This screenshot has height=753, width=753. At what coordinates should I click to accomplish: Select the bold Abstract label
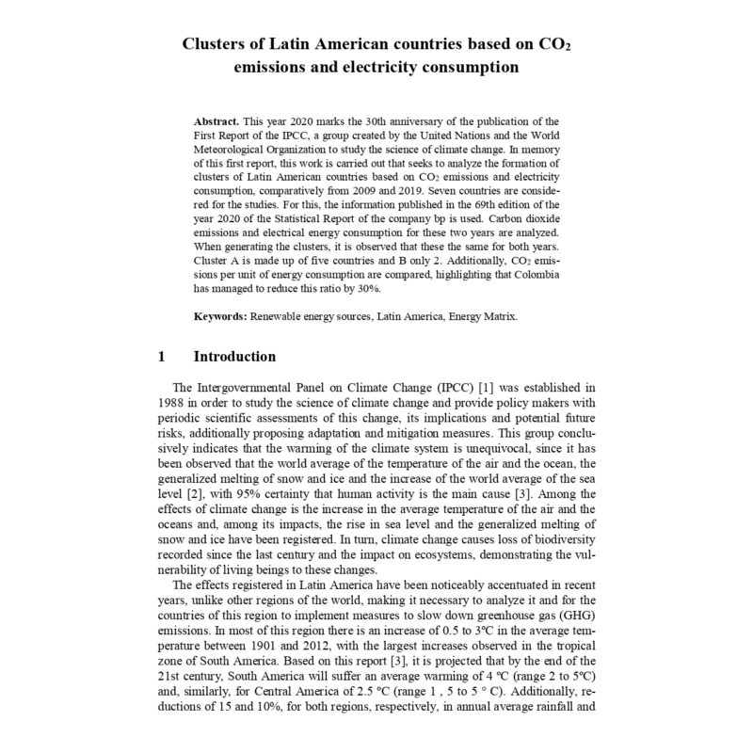point(216,122)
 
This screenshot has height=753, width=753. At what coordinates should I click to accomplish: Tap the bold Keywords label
point(220,317)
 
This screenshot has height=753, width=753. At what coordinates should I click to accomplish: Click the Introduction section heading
point(234,358)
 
